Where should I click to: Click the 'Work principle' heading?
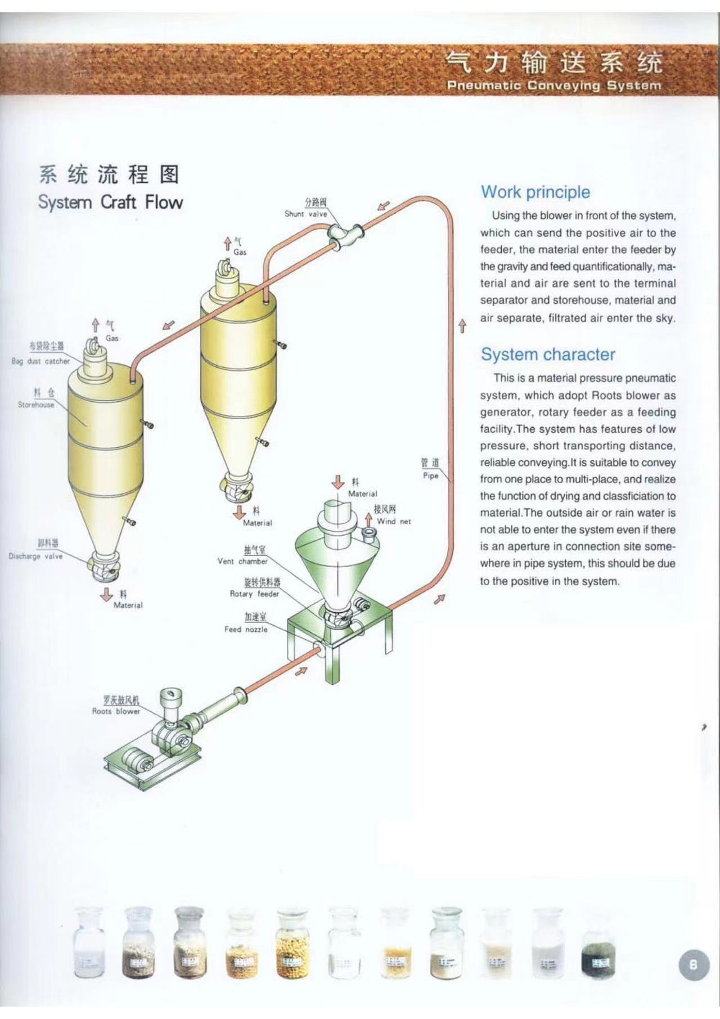[x=535, y=192]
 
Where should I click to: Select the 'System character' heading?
[x=548, y=354]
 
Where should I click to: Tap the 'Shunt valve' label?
[x=305, y=214]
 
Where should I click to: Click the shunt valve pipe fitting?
[x=345, y=236]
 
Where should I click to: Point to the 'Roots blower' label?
[x=116, y=711]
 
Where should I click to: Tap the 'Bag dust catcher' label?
[x=40, y=361]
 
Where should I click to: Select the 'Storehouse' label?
[x=36, y=405]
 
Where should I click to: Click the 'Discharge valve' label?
[x=35, y=556]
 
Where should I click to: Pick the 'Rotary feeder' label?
[x=254, y=594]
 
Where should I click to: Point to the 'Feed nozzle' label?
[x=246, y=630]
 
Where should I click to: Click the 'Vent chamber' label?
[x=242, y=562]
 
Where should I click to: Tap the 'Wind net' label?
[x=394, y=522]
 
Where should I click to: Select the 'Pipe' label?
[x=430, y=475]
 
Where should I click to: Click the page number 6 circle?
[x=693, y=964]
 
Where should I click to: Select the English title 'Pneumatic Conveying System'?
[x=554, y=86]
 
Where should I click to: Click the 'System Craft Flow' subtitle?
[x=110, y=202]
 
